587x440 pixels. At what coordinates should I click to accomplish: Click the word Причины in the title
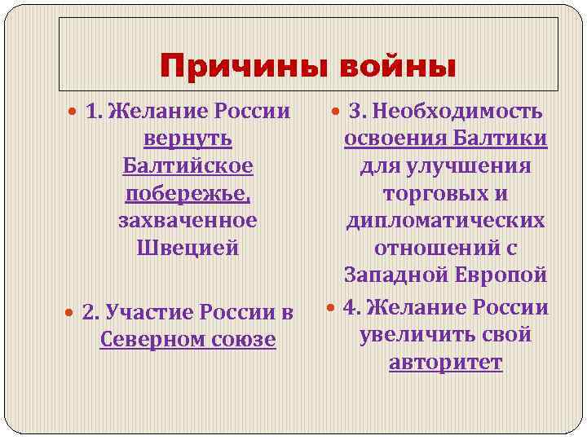[231, 65]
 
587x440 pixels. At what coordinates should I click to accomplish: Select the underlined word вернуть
[188, 139]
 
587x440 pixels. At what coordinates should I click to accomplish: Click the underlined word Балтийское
[188, 165]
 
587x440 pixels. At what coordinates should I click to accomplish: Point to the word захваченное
[188, 220]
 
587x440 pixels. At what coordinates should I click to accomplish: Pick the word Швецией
[188, 247]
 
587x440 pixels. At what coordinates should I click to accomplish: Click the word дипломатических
[445, 221]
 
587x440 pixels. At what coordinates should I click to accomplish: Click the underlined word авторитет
[445, 362]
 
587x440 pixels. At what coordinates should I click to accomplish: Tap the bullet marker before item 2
[72, 311]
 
